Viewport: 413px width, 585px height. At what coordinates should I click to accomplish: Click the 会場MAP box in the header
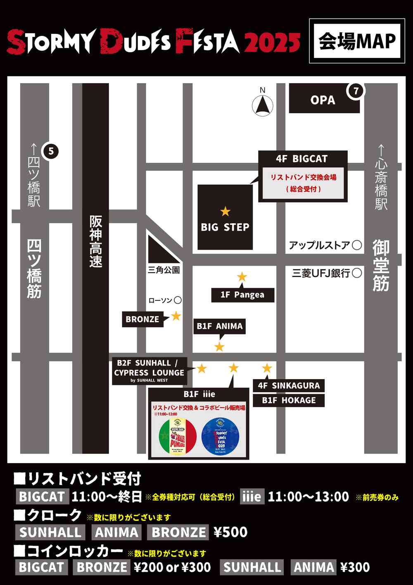click(357, 41)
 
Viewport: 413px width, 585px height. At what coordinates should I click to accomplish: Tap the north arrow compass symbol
click(263, 105)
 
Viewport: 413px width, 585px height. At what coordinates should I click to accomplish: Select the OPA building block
click(323, 100)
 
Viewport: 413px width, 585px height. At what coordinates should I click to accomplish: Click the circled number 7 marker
click(356, 91)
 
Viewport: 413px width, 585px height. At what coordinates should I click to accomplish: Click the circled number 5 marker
click(51, 151)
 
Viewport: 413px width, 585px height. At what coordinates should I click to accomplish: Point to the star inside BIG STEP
click(225, 211)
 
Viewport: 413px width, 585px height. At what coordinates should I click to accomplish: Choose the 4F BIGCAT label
click(302, 159)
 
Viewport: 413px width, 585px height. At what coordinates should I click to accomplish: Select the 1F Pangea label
click(242, 295)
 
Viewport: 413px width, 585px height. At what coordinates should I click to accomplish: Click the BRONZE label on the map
click(142, 320)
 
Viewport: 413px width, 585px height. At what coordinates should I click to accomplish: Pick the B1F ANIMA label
click(220, 326)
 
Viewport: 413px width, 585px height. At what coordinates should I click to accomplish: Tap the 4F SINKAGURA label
click(289, 386)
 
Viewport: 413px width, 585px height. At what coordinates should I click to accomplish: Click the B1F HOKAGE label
click(289, 400)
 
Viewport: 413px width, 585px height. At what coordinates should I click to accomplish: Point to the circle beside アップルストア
click(357, 245)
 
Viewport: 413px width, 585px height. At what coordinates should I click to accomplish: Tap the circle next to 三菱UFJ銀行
click(357, 273)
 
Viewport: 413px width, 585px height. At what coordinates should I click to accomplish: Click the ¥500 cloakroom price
click(230, 532)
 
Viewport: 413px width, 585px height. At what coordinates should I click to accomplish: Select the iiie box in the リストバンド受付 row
click(252, 497)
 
